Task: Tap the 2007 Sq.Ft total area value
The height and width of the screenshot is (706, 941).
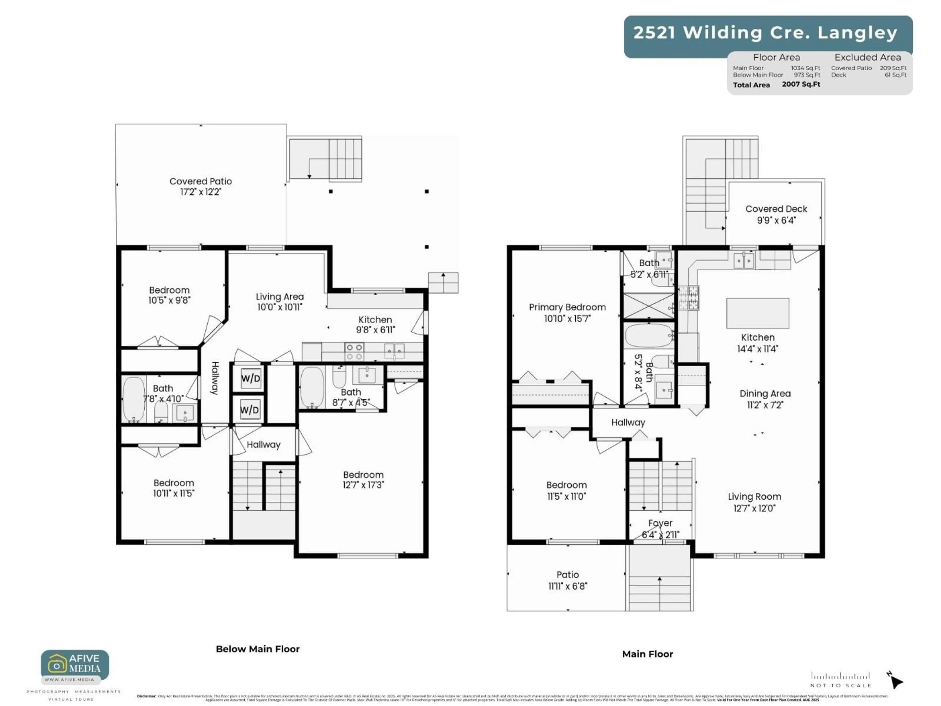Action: click(801, 84)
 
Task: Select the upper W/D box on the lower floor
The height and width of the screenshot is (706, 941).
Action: click(250, 378)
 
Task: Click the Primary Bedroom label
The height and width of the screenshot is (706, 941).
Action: click(567, 307)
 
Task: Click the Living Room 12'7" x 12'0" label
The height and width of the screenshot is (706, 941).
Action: click(754, 502)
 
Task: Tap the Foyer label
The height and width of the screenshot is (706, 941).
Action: click(660, 523)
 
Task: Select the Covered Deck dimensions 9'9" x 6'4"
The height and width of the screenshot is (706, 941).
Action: click(776, 220)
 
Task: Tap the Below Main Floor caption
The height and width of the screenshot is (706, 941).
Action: click(258, 649)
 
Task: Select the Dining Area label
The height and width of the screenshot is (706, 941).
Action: click(765, 394)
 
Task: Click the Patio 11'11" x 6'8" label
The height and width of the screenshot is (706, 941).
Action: click(568, 580)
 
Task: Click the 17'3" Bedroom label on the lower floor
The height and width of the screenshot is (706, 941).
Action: click(363, 479)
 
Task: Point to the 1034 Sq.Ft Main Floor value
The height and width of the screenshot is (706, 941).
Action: click(805, 68)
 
